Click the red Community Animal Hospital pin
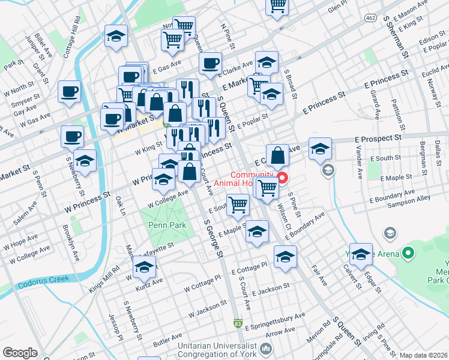[280, 178]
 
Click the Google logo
[20, 353]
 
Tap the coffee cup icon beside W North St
[69, 92]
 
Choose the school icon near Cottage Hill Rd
[116, 36]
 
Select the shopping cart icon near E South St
[238, 204]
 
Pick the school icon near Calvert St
[361, 254]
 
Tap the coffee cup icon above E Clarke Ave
[211, 63]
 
